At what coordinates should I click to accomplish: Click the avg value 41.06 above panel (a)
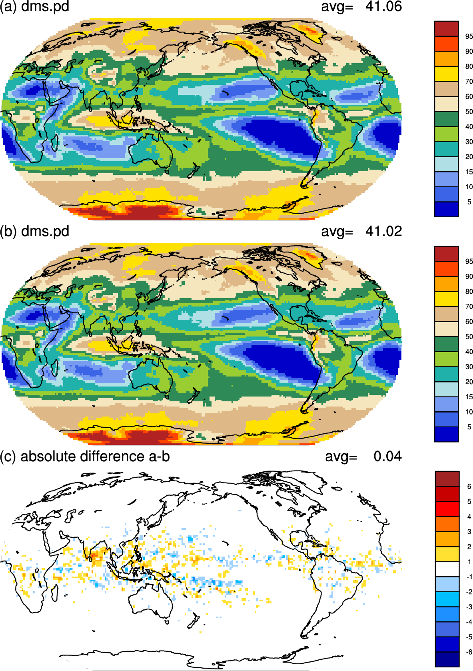tap(383, 6)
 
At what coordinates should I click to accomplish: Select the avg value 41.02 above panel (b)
tap(383, 231)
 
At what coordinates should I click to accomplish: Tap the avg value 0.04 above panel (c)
tap(387, 456)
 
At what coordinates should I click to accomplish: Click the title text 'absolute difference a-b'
tap(95, 456)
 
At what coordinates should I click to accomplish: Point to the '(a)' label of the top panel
tap(8, 6)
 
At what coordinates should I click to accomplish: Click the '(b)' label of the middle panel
tap(8, 232)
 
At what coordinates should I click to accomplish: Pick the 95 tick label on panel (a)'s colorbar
tap(469, 36)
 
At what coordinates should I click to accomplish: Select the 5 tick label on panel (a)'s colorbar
tap(469, 202)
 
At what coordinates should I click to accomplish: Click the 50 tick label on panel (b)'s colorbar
tap(469, 337)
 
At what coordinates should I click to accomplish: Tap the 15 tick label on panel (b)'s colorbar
tap(469, 397)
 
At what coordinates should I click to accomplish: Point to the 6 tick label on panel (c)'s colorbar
tap(469, 487)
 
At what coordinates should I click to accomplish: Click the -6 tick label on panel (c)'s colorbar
tap(469, 652)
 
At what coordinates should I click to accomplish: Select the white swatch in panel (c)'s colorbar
tap(447, 569)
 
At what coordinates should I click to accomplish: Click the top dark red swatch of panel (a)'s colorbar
tap(446, 29)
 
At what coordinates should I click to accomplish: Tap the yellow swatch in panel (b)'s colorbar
tap(446, 299)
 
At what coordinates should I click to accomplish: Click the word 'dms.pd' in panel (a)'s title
tap(45, 6)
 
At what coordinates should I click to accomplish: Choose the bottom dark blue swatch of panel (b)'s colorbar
tap(446, 434)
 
